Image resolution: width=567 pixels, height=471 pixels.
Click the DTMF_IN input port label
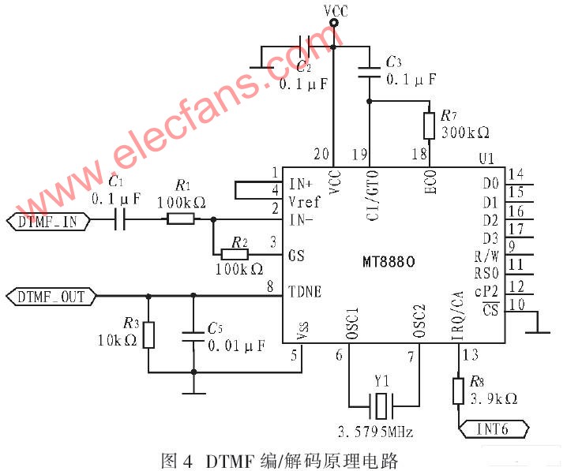click(x=48, y=221)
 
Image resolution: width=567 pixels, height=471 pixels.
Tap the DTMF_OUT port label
click(x=51, y=297)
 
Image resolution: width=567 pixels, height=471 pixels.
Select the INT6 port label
click(x=494, y=429)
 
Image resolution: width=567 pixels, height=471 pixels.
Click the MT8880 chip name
click(x=389, y=261)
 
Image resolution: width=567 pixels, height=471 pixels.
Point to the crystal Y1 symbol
click(x=381, y=406)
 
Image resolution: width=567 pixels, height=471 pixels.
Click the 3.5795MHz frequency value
click(x=375, y=432)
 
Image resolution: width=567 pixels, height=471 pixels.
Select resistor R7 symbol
click(x=430, y=125)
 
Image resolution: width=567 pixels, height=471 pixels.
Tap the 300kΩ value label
click(x=465, y=133)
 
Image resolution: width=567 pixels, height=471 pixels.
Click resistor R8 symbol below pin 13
click(x=458, y=391)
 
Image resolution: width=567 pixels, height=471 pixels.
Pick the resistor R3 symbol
click(x=148, y=335)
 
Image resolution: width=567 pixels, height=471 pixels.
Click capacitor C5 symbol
click(x=193, y=336)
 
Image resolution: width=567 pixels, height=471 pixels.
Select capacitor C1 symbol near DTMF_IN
click(x=120, y=219)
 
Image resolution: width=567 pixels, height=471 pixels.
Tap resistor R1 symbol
click(x=180, y=219)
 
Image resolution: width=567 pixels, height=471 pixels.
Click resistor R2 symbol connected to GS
click(x=235, y=255)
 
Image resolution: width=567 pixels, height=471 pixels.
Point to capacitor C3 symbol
click(x=369, y=73)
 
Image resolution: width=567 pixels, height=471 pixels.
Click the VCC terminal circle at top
click(x=334, y=23)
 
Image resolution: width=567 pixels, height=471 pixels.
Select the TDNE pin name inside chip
click(x=305, y=291)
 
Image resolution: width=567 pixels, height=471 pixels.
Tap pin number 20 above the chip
click(x=321, y=154)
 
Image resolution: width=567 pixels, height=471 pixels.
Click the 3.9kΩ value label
click(x=494, y=398)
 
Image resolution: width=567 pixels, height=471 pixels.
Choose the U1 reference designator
click(x=486, y=159)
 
